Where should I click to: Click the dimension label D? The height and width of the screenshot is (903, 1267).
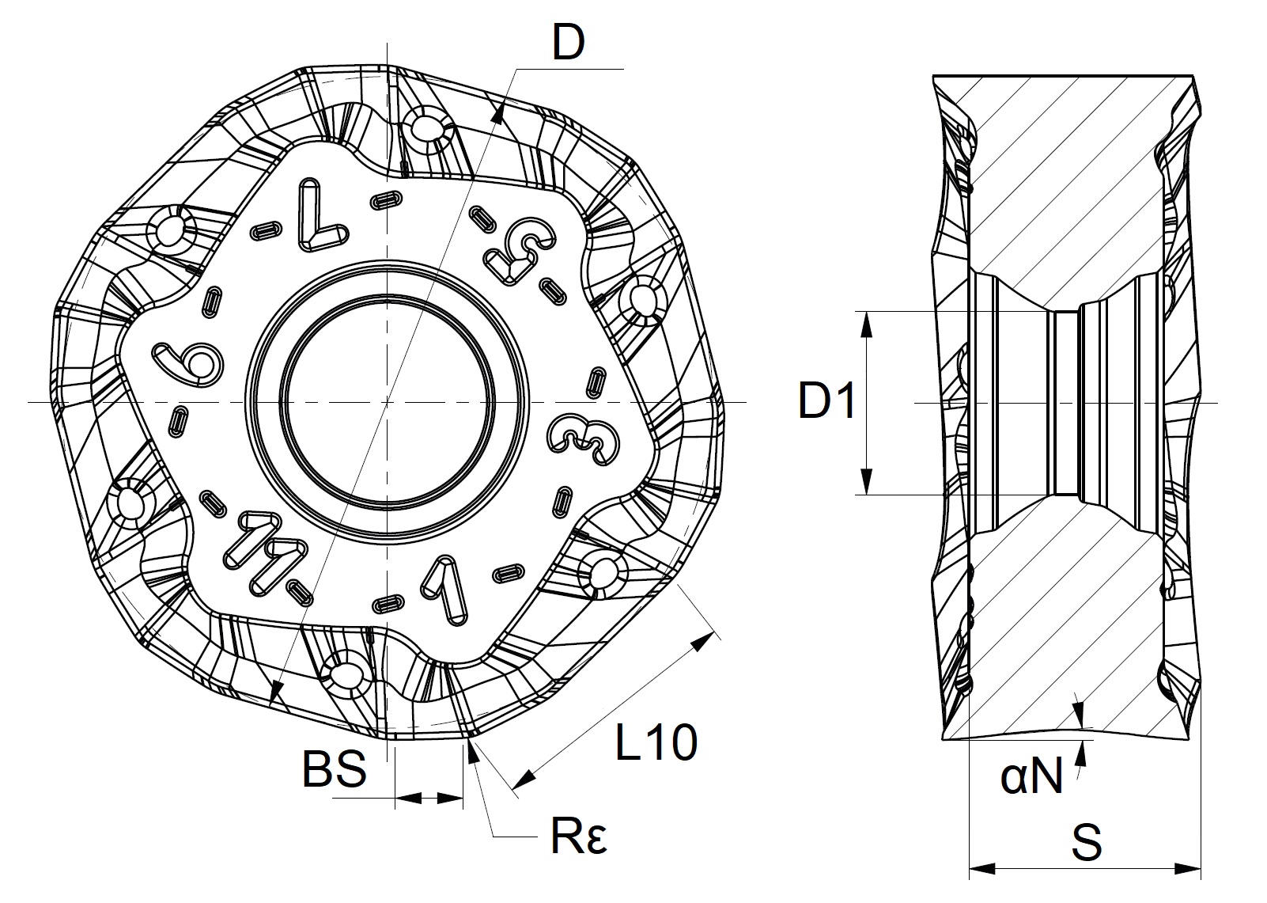(x=568, y=44)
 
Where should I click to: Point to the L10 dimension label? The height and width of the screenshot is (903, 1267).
(x=656, y=742)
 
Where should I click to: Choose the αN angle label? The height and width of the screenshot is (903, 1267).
(x=1031, y=777)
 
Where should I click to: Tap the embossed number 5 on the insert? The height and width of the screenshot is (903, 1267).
(x=519, y=251)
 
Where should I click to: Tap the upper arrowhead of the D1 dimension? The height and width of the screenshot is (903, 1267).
(x=867, y=320)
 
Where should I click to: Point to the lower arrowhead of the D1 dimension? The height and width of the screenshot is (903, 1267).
(x=867, y=484)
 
